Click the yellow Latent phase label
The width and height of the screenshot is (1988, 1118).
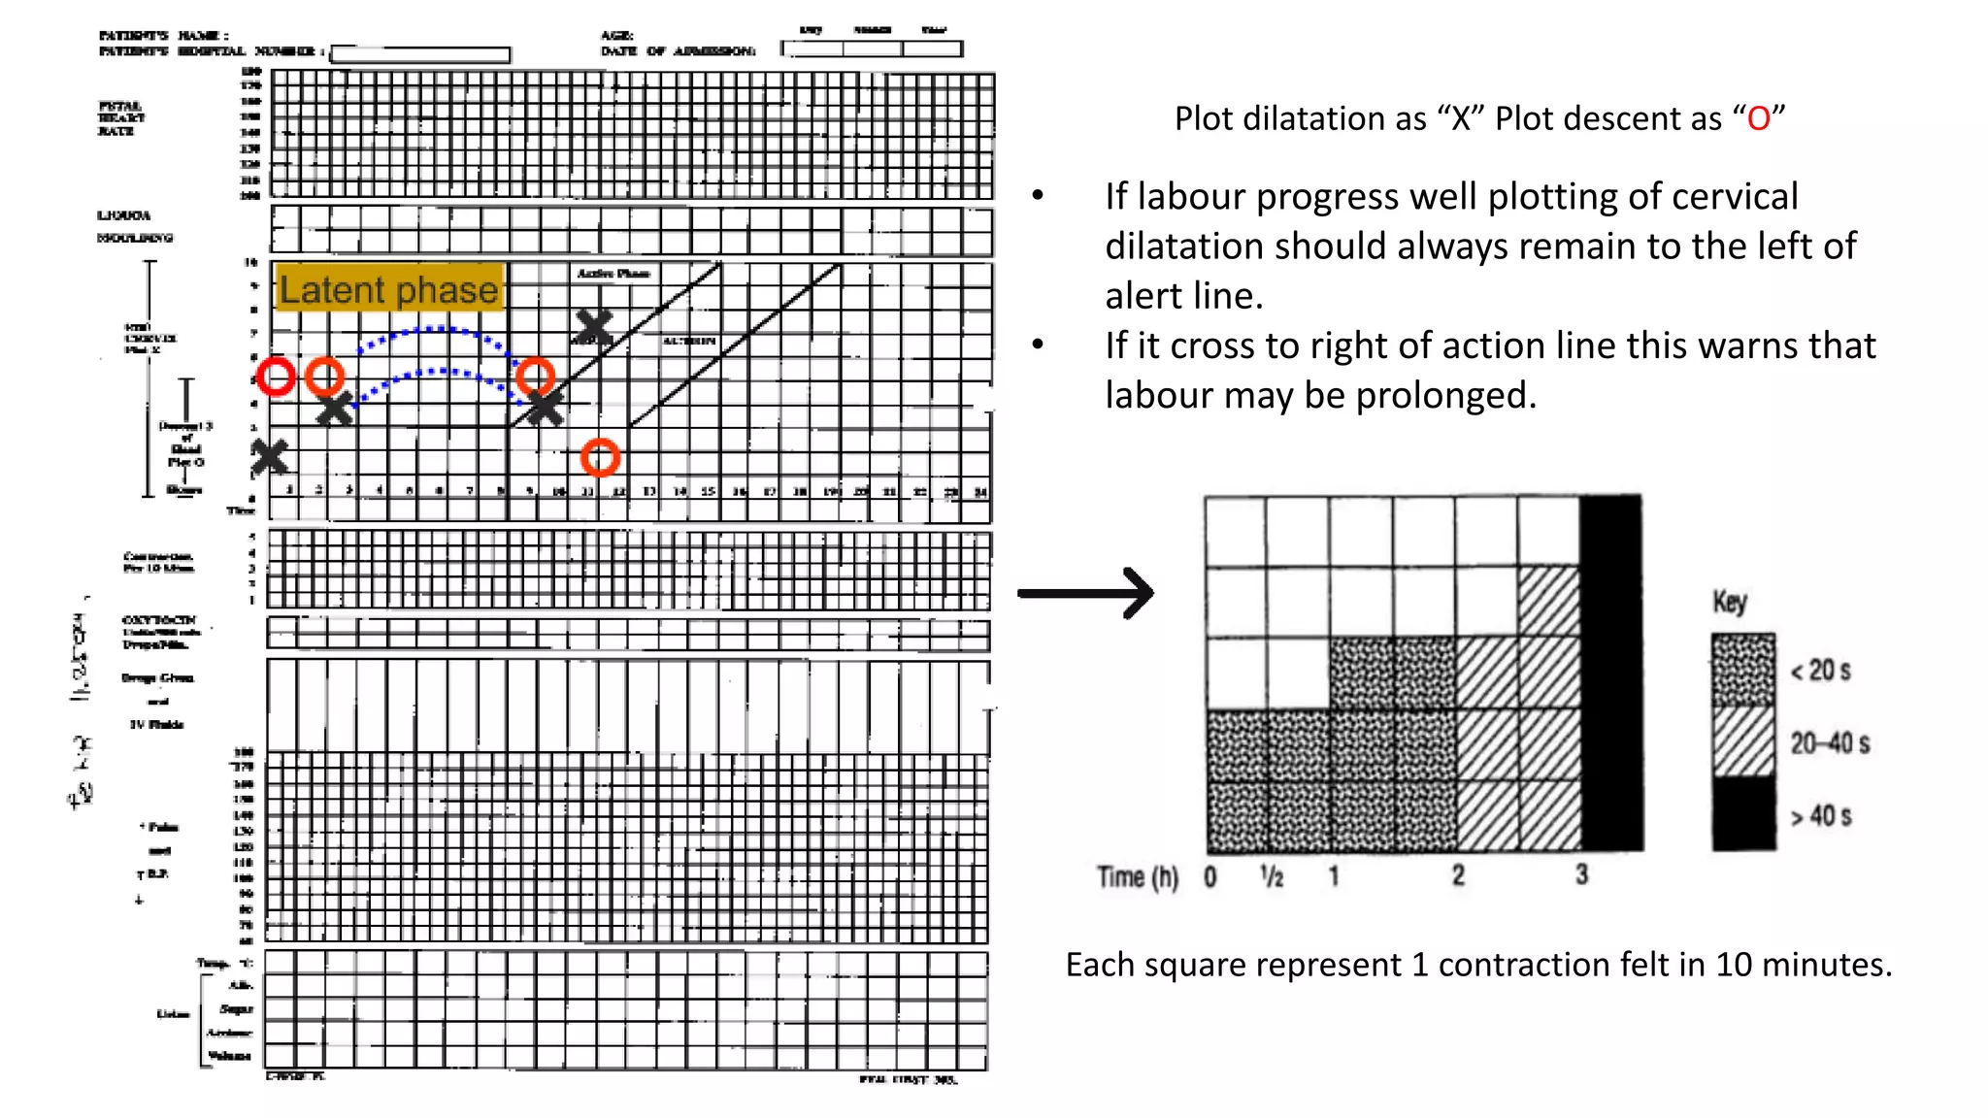click(389, 288)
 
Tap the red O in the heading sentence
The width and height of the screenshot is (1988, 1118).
click(1758, 119)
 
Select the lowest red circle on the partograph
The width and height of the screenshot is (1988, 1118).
click(600, 457)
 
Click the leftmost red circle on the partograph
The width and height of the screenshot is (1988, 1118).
click(276, 376)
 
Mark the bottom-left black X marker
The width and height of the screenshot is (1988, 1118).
click(269, 456)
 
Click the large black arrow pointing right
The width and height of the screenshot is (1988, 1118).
click(1086, 593)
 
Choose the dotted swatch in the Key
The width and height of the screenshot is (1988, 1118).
click(1743, 670)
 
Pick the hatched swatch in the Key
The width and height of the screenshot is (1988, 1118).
click(1743, 742)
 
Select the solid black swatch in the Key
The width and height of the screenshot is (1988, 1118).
click(1743, 815)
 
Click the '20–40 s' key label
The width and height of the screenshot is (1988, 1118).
click(1830, 743)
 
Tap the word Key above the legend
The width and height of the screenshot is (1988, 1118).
click(1730, 602)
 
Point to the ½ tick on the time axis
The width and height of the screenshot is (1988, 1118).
click(1272, 876)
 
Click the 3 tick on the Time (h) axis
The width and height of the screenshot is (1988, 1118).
click(1581, 875)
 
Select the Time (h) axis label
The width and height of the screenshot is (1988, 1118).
click(1137, 877)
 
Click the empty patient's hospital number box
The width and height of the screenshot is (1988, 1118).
click(420, 54)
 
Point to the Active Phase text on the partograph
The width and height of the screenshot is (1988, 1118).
click(613, 274)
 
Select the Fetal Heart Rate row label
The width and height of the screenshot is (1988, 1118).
click(121, 118)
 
